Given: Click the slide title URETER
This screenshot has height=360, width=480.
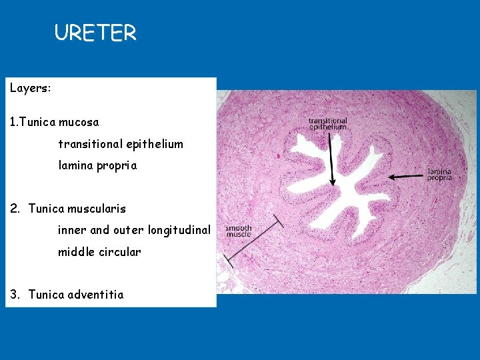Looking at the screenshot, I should click(x=95, y=33).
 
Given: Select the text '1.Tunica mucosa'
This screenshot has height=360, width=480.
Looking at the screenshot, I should click(x=54, y=122).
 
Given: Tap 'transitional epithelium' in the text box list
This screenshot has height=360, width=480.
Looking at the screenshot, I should click(x=120, y=144).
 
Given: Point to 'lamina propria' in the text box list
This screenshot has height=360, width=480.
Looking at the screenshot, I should click(x=97, y=165).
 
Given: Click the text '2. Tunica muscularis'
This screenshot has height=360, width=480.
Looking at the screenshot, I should click(x=68, y=209).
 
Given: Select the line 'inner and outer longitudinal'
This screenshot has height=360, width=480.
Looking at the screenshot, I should click(x=134, y=230).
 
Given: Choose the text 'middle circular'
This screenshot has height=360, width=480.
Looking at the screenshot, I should click(x=99, y=251).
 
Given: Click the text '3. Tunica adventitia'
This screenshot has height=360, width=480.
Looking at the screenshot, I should click(x=67, y=295).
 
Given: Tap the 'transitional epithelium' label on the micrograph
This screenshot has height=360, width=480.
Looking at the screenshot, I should click(x=327, y=123).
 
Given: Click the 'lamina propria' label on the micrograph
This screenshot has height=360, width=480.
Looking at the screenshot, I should click(x=439, y=175).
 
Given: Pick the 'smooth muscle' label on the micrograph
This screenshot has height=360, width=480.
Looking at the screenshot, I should click(x=238, y=231).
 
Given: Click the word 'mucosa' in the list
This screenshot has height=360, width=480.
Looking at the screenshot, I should click(x=79, y=122).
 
